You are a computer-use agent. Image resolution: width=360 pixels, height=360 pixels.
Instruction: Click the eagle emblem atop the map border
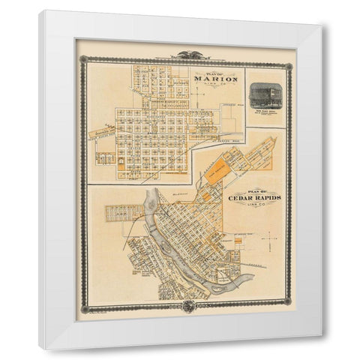coord(185,54)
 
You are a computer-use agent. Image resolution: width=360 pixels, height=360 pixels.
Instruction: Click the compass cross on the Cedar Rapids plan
coord(265,238)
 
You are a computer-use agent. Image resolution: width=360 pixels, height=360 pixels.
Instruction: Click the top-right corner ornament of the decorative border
coord(292,58)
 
